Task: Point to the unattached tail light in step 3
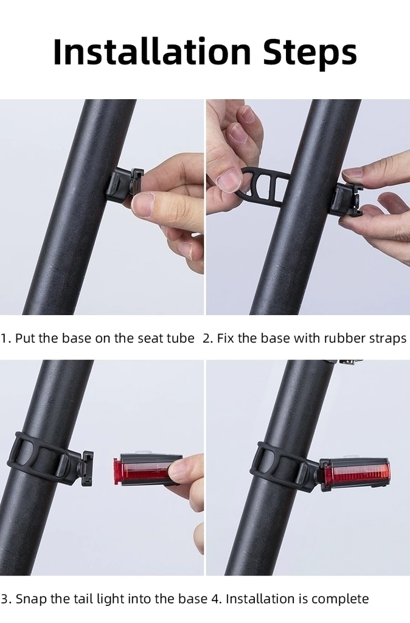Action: tap(147, 469)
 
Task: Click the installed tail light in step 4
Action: tap(355, 475)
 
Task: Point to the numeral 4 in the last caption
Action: tap(215, 599)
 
